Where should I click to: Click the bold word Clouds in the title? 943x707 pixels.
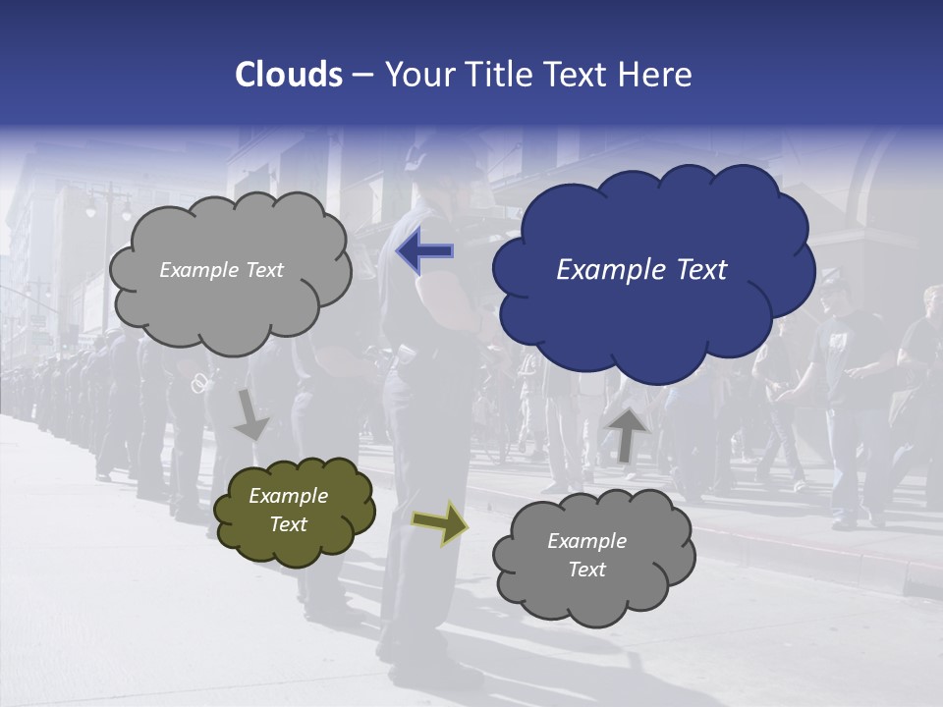point(288,75)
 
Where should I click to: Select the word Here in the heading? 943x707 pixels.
point(657,75)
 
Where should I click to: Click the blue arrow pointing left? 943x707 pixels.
point(424,251)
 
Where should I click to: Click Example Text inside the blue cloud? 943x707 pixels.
point(641,270)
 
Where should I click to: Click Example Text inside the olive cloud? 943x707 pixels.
point(288,510)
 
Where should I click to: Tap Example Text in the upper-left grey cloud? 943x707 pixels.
point(221,270)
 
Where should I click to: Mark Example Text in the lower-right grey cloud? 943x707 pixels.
point(586,555)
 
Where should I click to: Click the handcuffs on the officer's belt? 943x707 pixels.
point(199,382)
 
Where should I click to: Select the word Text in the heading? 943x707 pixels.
point(582,75)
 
